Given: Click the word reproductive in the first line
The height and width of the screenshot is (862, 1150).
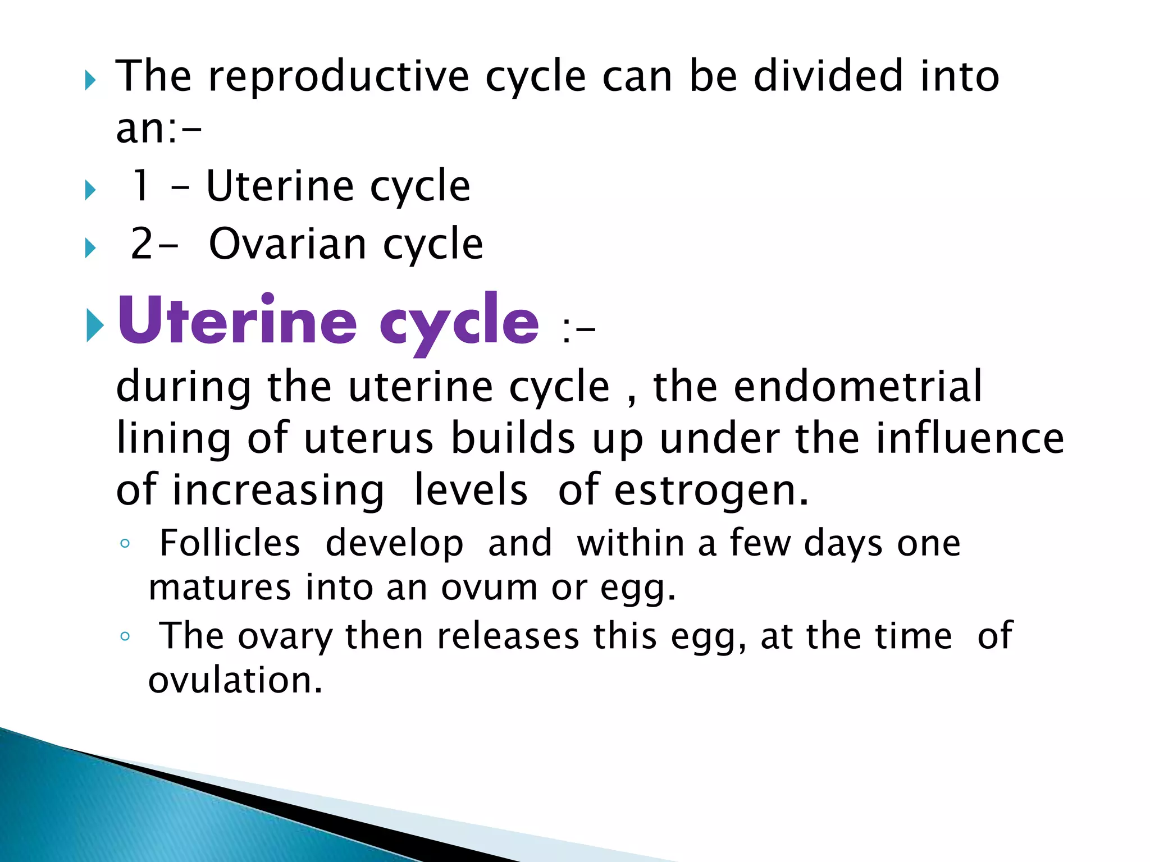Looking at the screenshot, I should point(339,77).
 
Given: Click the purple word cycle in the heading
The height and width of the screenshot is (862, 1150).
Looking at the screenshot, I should point(459,323).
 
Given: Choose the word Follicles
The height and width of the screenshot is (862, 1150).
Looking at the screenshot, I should point(230,543).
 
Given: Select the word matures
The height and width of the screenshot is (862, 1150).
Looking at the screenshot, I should point(220,588).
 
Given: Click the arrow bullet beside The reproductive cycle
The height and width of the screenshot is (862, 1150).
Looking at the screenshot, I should point(90,81).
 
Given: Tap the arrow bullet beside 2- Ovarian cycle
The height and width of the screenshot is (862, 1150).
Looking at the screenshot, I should point(90,247).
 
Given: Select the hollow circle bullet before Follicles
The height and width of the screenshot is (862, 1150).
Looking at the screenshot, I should point(125,543).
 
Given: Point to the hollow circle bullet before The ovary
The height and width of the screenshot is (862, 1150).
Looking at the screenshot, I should point(125,636).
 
